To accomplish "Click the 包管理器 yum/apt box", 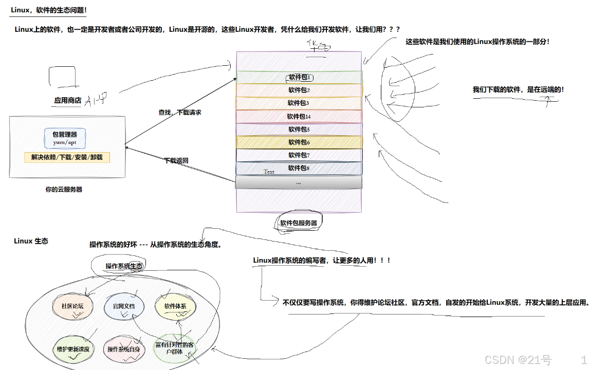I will pos(65,138).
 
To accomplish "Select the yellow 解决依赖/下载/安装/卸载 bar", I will pos(67,157).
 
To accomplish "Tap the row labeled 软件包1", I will pos(299,78).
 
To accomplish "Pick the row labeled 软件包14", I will pos(299,117).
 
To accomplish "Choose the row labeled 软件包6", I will pos(299,142).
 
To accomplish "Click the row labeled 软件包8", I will pos(299,168).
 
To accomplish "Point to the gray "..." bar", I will pos(299,182).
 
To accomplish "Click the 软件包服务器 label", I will pos(298,223).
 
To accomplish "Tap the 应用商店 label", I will pos(68,101).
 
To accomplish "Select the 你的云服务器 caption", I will pos(64,189).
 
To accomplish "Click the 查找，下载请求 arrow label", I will pos(180,112).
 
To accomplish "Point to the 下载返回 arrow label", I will pos(176,160).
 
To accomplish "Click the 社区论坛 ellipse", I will pos(72,306).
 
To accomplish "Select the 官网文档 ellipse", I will pos(123,306).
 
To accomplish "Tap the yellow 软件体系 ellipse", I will pos(175,306).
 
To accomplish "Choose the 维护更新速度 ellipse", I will pos(73,349).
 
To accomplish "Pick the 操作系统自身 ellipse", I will pos(123,349).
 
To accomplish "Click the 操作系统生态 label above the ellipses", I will pos(124,266).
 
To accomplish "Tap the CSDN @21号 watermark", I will pos(518,359).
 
